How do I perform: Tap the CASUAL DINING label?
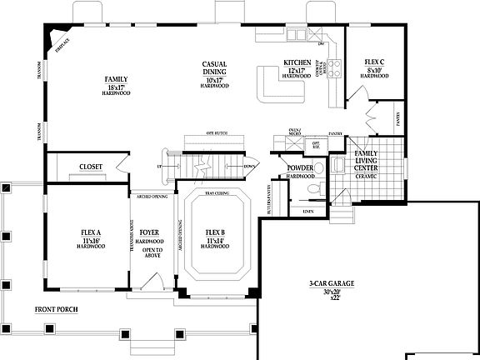(215, 69)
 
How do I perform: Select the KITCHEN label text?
(297, 62)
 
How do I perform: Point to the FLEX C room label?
(375, 62)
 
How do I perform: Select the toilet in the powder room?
(311, 190)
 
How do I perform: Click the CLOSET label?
(91, 167)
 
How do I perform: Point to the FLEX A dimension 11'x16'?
(91, 240)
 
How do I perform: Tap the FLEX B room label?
(216, 233)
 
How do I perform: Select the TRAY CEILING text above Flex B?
(217, 192)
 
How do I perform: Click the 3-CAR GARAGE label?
(331, 285)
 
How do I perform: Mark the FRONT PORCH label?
(57, 309)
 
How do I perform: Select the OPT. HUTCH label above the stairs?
(217, 132)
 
